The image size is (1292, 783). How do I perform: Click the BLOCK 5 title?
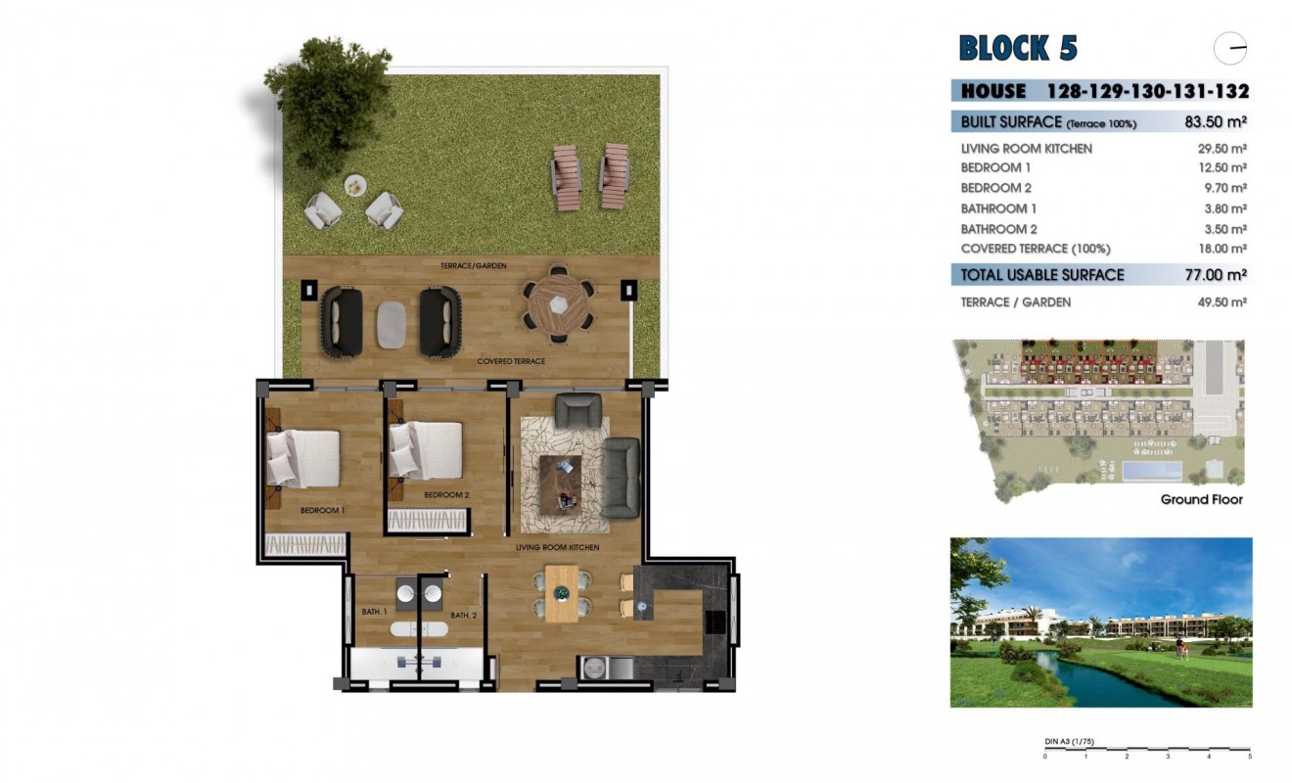[1017, 48]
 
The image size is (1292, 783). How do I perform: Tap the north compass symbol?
[1230, 48]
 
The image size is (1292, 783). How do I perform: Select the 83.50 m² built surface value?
[1215, 121]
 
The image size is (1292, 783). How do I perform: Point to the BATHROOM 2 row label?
[998, 229]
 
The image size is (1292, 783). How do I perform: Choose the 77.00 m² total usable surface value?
[1215, 275]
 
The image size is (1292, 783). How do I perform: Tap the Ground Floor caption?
[1201, 500]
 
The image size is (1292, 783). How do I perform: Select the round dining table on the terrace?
[558, 305]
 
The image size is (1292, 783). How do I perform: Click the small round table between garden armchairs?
[354, 184]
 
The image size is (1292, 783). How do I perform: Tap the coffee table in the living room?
[560, 481]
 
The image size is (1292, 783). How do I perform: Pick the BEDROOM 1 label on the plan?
[322, 511]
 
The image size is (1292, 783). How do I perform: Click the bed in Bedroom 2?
[426, 451]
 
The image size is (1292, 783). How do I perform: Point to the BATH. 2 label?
[463, 616]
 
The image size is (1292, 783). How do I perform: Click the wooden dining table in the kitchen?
[561, 593]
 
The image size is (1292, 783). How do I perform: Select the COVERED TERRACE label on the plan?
[511, 361]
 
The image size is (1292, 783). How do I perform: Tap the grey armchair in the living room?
[577, 409]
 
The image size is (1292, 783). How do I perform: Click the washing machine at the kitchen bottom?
[594, 668]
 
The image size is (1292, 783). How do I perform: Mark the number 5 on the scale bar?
[1249, 756]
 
